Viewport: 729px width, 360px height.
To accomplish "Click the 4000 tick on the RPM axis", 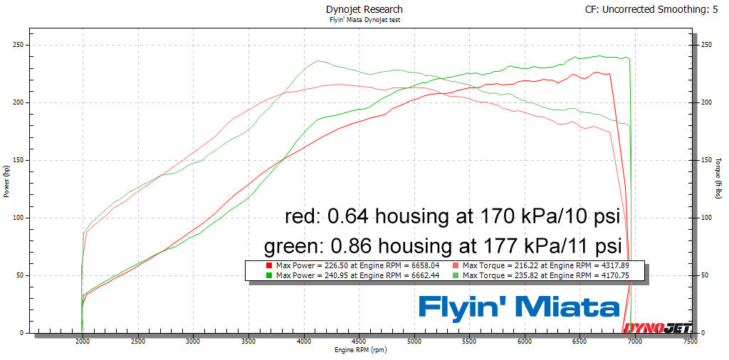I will [303, 342].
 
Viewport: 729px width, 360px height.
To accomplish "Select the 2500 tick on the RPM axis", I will [137, 342].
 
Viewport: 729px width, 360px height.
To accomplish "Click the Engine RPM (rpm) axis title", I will [362, 351].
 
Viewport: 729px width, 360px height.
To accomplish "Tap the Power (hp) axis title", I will [6, 181].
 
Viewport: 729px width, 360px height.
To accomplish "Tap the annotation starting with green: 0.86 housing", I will [444, 247].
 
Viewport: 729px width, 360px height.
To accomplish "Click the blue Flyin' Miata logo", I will [518, 307].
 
